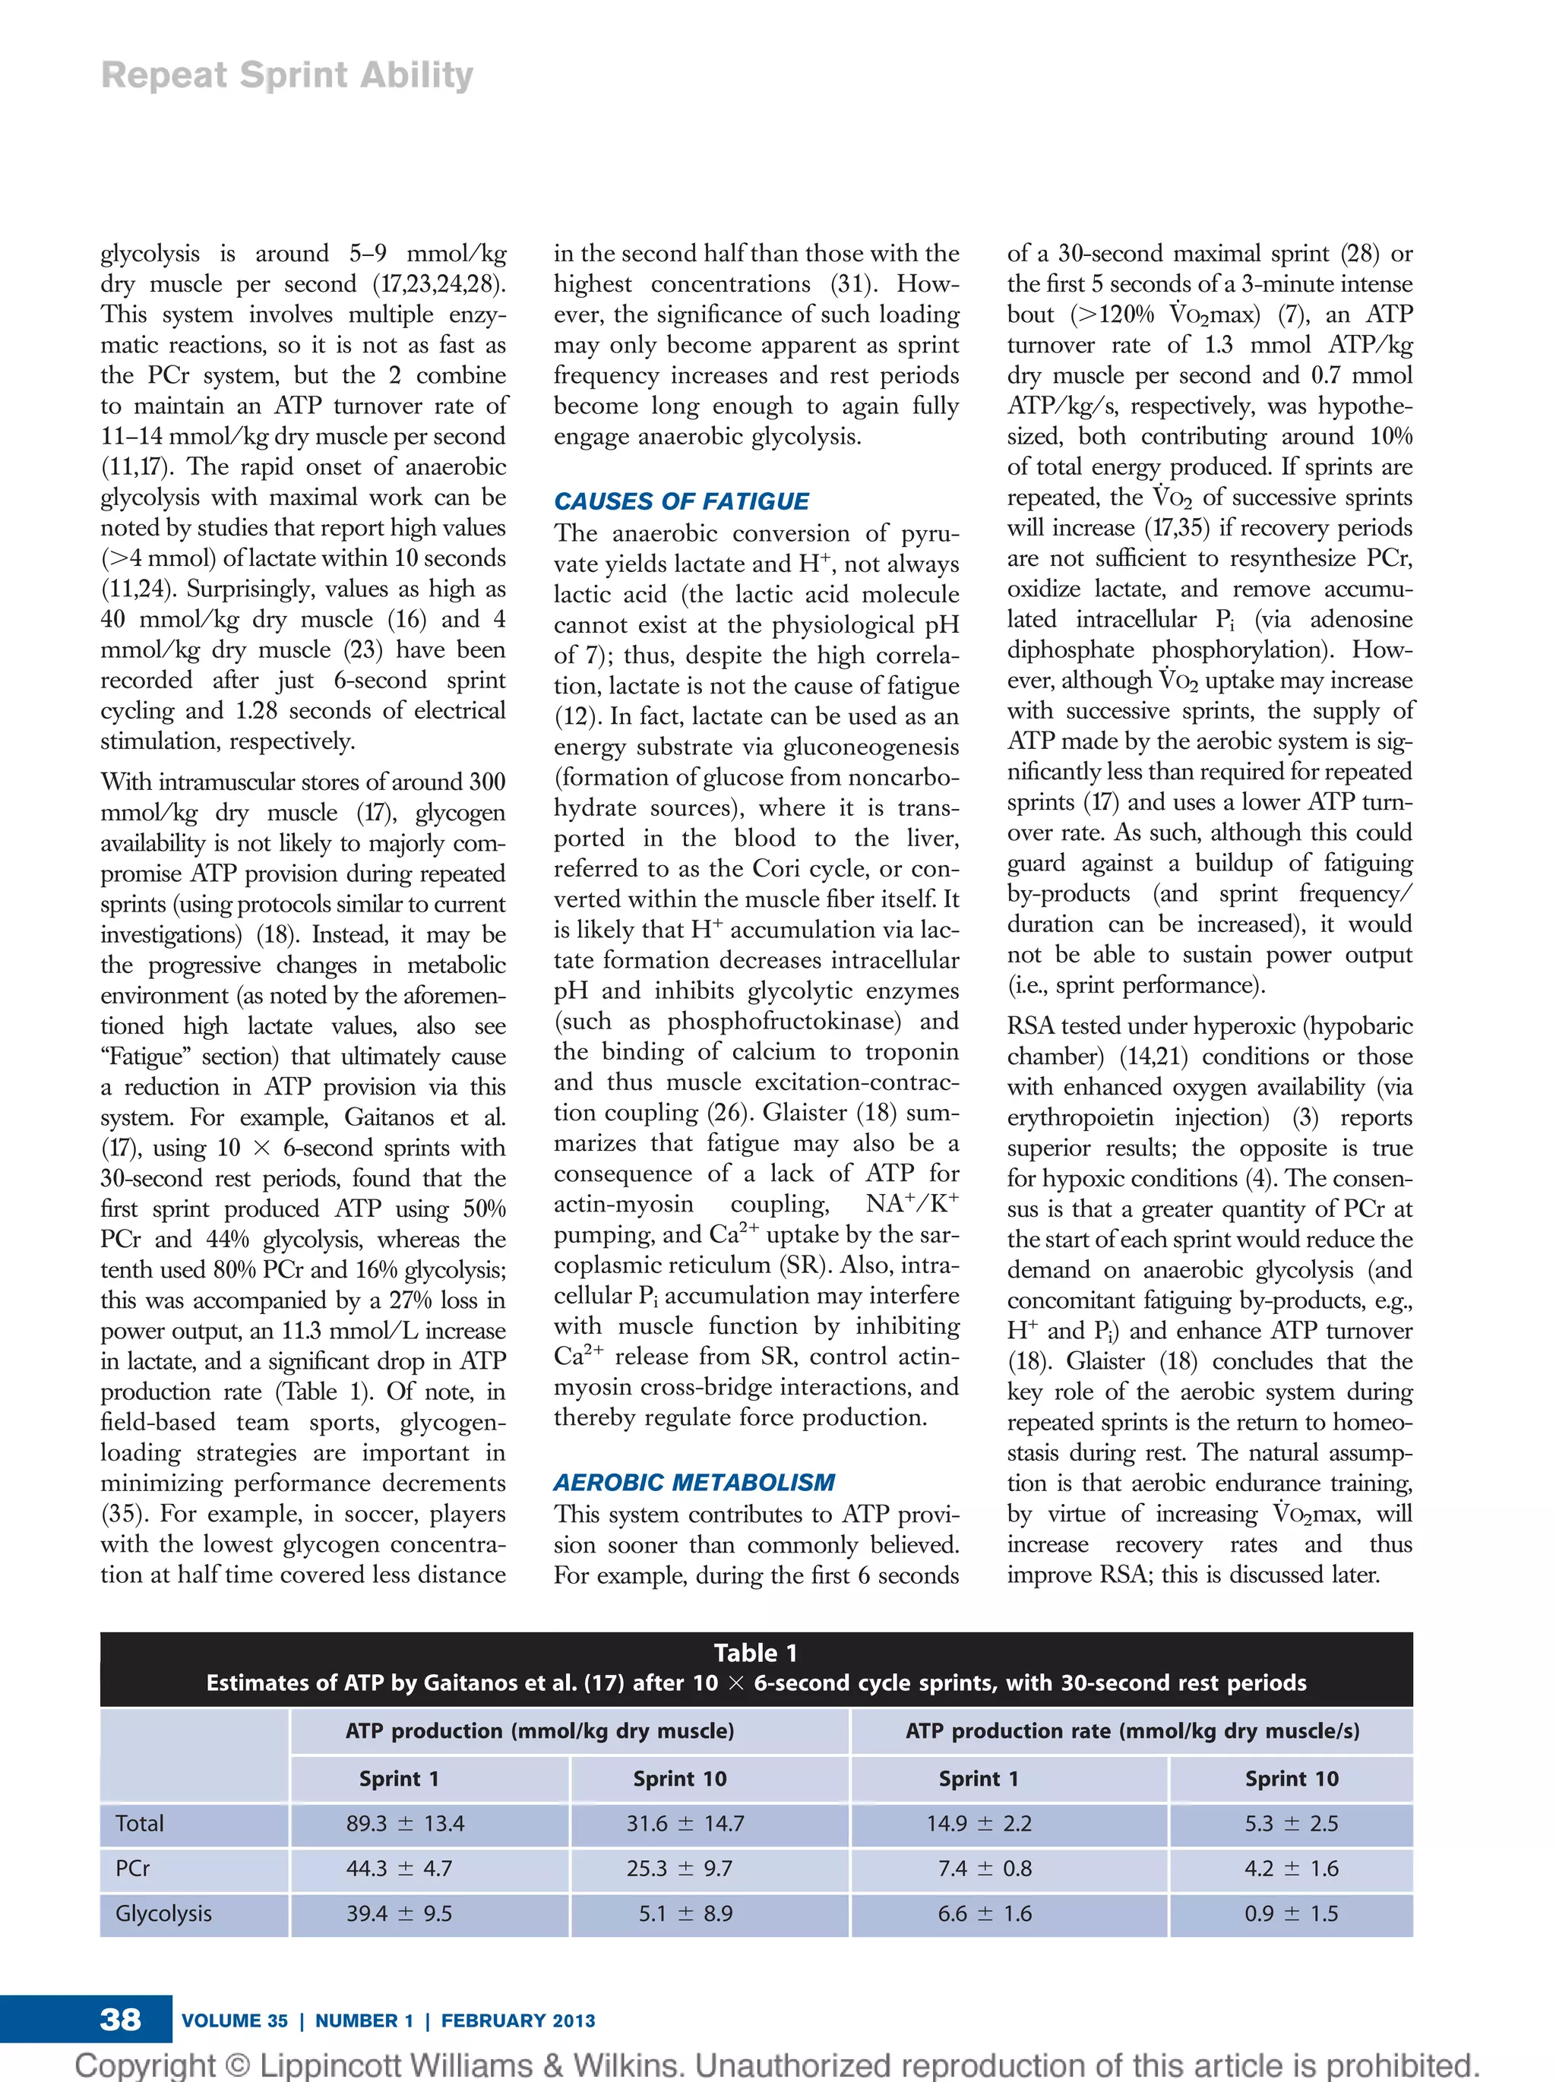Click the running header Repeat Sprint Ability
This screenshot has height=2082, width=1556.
pyautogui.click(x=287, y=75)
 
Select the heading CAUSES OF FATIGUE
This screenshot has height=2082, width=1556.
pyautogui.click(x=681, y=501)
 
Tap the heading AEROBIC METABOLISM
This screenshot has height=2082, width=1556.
pyautogui.click(x=694, y=1483)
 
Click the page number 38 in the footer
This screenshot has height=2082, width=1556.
pyautogui.click(x=121, y=2019)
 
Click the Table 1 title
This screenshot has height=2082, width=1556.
pyautogui.click(x=755, y=1653)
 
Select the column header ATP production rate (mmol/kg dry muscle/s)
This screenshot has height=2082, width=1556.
pyautogui.click(x=1131, y=1730)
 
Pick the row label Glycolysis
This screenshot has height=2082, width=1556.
pyautogui.click(x=164, y=1913)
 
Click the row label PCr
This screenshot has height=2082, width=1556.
pyautogui.click(x=133, y=1869)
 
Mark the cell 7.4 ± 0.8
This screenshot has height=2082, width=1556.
pyautogui.click(x=984, y=1869)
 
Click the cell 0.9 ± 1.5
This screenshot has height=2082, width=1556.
pyautogui.click(x=1291, y=1913)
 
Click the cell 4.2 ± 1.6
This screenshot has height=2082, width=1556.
pyautogui.click(x=1291, y=1869)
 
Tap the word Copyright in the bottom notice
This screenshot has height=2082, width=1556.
pyautogui.click(x=146, y=2065)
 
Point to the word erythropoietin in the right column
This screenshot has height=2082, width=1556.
pyautogui.click(x=1080, y=1117)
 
